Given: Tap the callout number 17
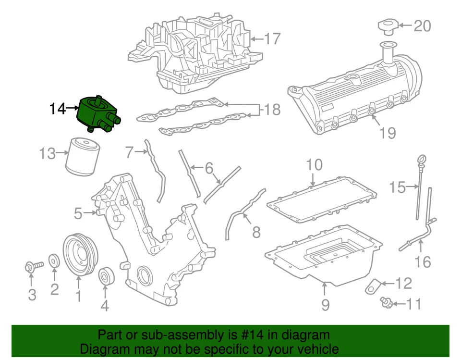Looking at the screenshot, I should coord(272,38).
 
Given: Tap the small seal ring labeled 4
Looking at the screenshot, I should coord(105,277).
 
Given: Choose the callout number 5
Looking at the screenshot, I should coord(78,213).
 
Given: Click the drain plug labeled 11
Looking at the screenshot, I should coord(385,301).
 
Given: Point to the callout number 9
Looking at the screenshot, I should coord(325,304).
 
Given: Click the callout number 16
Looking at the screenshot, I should coord(423,262).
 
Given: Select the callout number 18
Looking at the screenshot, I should coord(272,110).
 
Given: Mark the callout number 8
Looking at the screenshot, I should coord(256,233).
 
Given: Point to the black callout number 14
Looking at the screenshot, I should coord(57,109).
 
